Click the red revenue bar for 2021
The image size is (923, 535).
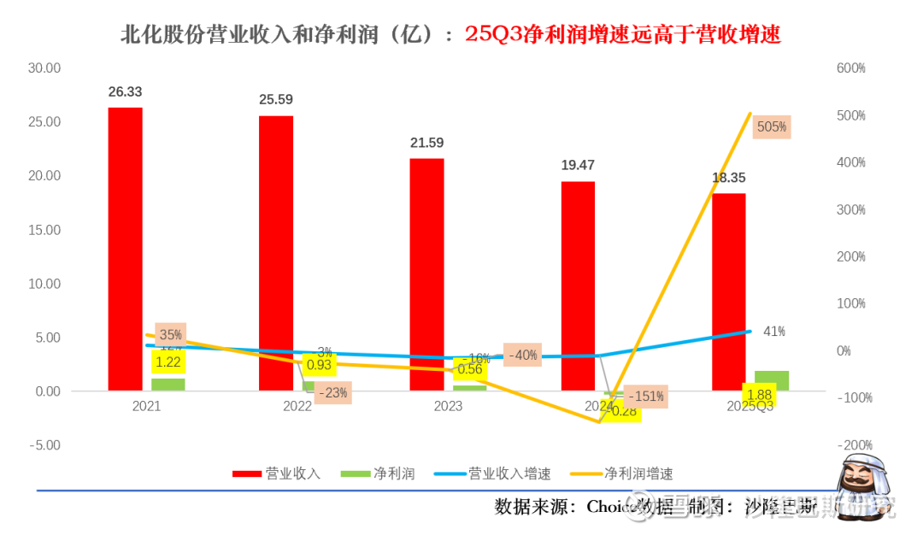pyautogui.click(x=126, y=248)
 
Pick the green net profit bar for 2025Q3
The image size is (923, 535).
pyautogui.click(x=771, y=380)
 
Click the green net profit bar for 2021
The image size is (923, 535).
pyautogui.click(x=168, y=384)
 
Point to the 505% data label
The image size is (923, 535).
pyautogui.click(x=772, y=127)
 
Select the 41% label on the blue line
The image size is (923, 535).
pyautogui.click(x=774, y=332)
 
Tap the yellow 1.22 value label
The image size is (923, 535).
pyautogui.click(x=168, y=362)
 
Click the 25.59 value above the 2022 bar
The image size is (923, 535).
pyautogui.click(x=276, y=99)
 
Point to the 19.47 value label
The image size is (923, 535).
pyautogui.click(x=578, y=165)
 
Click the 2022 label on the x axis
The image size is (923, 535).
pyautogui.click(x=297, y=407)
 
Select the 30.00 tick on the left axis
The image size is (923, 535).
pyautogui.click(x=44, y=68)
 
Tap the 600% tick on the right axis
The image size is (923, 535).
pyautogui.click(x=850, y=68)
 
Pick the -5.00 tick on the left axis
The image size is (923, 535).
pyautogui.click(x=44, y=445)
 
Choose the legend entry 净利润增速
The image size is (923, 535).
pyautogui.click(x=638, y=473)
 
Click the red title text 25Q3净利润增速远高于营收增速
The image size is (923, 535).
pyautogui.click(x=623, y=34)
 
